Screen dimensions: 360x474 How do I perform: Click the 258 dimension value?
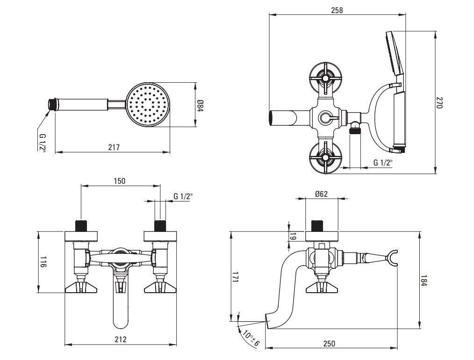click(337, 10)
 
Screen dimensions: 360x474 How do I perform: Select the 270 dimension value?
click(439, 103)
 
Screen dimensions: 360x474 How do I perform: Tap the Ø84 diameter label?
click(200, 105)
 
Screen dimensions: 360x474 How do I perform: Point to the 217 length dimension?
click(114, 147)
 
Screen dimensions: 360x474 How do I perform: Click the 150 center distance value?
click(120, 181)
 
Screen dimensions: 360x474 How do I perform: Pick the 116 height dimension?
click(42, 262)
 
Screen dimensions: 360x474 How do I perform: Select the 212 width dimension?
click(121, 339)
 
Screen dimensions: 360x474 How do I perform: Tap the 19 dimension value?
click(293, 237)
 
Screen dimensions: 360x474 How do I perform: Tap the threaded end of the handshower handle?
click(53, 103)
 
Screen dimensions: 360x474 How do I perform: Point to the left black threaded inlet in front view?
click(81, 225)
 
